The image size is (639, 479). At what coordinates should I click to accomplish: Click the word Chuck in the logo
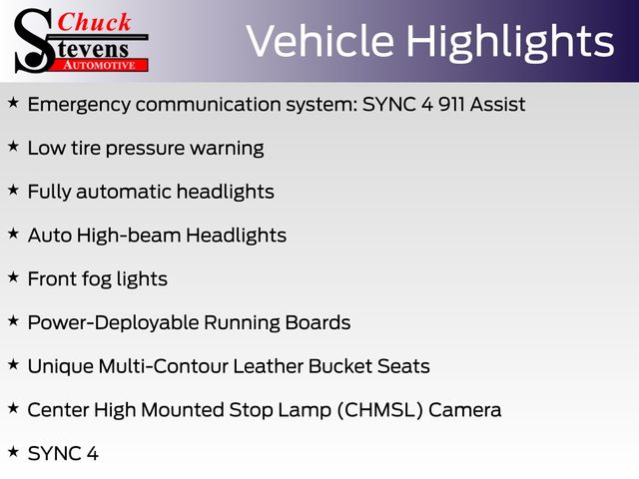coord(94,22)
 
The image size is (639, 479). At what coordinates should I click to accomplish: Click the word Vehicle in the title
coord(320,41)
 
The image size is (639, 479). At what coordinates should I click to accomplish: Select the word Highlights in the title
coord(510,43)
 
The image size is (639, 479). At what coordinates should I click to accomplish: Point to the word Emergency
coord(80,106)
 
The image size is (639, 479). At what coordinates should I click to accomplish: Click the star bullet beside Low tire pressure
coord(13,146)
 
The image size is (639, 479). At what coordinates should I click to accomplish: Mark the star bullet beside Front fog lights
coord(13,277)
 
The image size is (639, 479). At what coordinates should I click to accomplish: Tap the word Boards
coord(318,322)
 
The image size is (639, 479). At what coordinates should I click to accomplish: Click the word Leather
coord(269,366)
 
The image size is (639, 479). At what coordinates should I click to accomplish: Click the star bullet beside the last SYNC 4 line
coord(13,452)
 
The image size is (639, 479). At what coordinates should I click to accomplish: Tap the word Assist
coord(497,104)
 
